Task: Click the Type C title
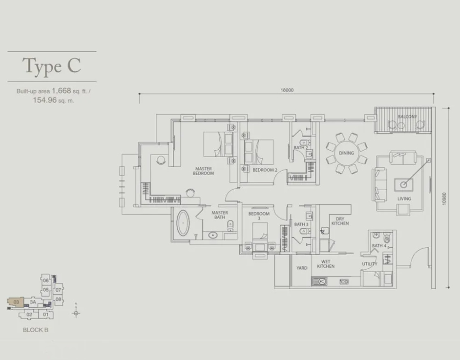[x=52, y=66]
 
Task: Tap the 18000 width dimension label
[x=287, y=90]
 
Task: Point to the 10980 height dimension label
[x=444, y=199]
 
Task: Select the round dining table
[x=347, y=153]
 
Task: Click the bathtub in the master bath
[x=183, y=223]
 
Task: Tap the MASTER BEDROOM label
[x=203, y=171]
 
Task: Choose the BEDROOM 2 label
[x=265, y=170]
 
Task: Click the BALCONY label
[x=407, y=117]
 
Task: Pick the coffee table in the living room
[x=404, y=185]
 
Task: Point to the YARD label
[x=302, y=268]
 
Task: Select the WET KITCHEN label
[x=326, y=264]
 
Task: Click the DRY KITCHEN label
[x=340, y=221]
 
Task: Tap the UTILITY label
[x=369, y=264]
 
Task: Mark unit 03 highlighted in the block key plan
[x=16, y=302]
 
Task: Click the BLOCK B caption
[x=36, y=330]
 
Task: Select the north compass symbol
[x=76, y=313]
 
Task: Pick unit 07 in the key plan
[x=59, y=290]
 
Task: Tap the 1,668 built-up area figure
[x=62, y=91]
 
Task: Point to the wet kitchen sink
[x=319, y=281]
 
